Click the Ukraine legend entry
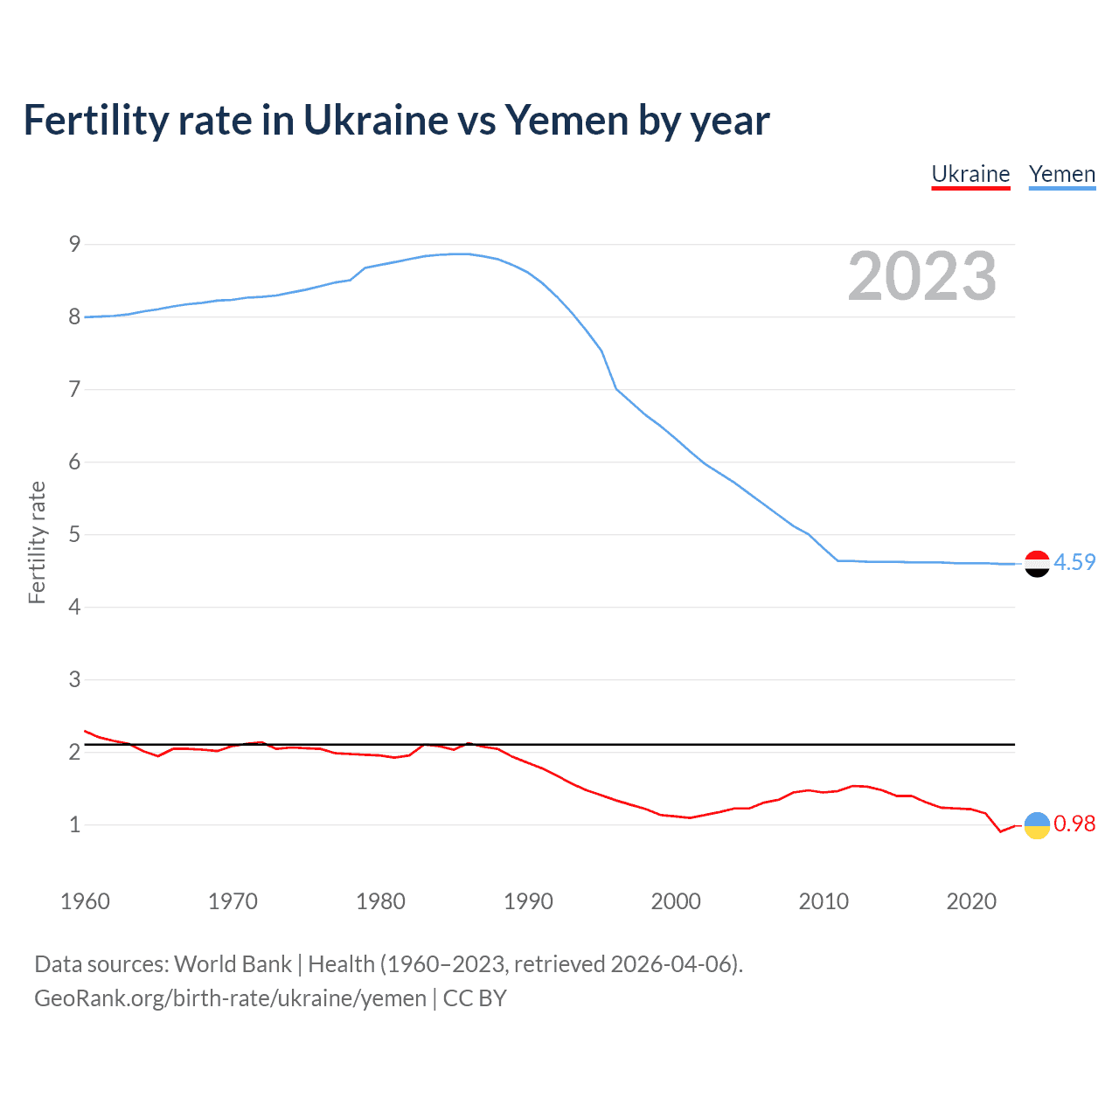(x=970, y=175)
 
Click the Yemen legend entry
(x=1062, y=175)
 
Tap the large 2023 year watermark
(x=922, y=276)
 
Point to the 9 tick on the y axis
(x=74, y=244)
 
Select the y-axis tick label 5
(x=74, y=534)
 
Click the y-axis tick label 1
(x=74, y=824)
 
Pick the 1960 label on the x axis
(x=85, y=901)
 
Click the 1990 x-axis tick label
(x=528, y=901)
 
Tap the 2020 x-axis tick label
(x=971, y=901)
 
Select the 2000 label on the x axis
(x=676, y=901)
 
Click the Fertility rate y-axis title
(x=37, y=542)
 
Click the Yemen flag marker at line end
(x=1037, y=564)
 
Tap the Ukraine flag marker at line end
(x=1037, y=824)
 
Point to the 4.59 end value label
(x=1074, y=562)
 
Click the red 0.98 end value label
(x=1074, y=824)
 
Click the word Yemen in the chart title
(x=566, y=121)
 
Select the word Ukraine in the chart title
(x=376, y=121)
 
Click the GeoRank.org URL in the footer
(x=230, y=998)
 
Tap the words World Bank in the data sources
(x=233, y=964)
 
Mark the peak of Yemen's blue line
(x=462, y=254)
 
